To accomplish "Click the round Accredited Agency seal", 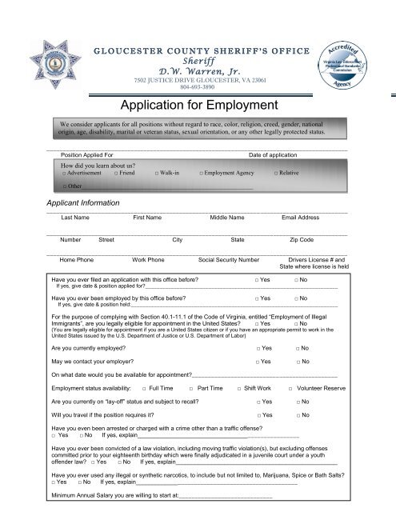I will (x=349, y=60).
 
